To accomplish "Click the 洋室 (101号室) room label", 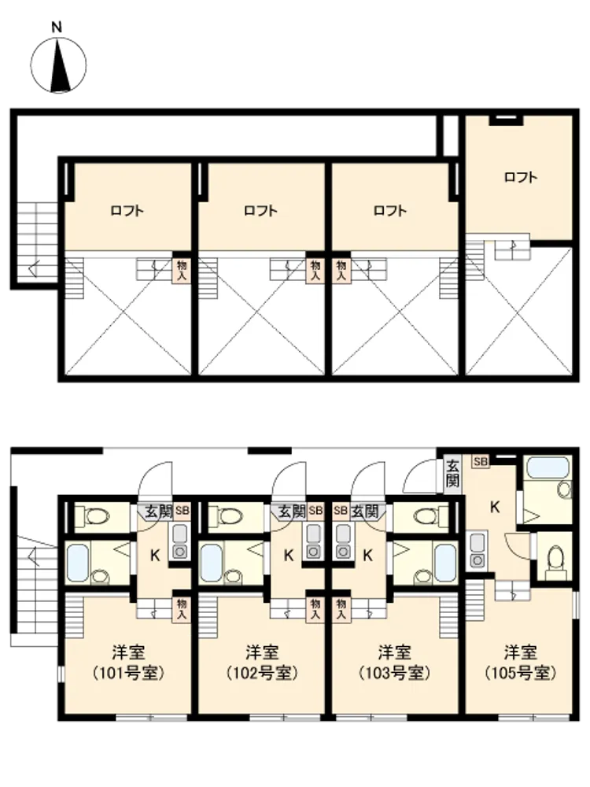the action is coord(129,663).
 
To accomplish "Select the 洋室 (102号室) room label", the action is coord(263,663).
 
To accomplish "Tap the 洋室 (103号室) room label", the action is coord(395,663).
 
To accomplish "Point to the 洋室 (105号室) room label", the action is coord(521,663).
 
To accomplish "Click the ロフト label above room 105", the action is coord(521,177).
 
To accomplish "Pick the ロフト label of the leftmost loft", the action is coord(127,210).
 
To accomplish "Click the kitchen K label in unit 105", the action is coord(495,508).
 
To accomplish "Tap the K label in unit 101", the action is coord(155,556).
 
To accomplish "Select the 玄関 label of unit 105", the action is coord(452,473).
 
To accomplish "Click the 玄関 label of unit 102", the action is coord(292,512).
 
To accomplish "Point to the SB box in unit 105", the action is coord(480,461).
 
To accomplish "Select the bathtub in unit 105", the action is coord(548,468).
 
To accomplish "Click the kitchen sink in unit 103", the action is coord(344,542).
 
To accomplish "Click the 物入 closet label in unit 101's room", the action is coord(181,608).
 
